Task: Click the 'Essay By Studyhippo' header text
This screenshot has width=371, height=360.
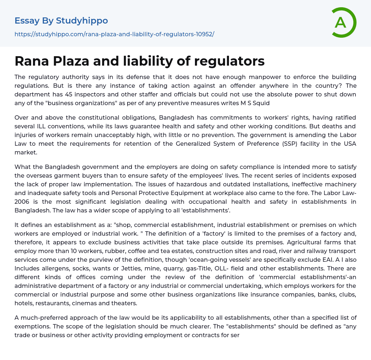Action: (x=61, y=21)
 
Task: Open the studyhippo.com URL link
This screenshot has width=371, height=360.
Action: (x=114, y=34)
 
